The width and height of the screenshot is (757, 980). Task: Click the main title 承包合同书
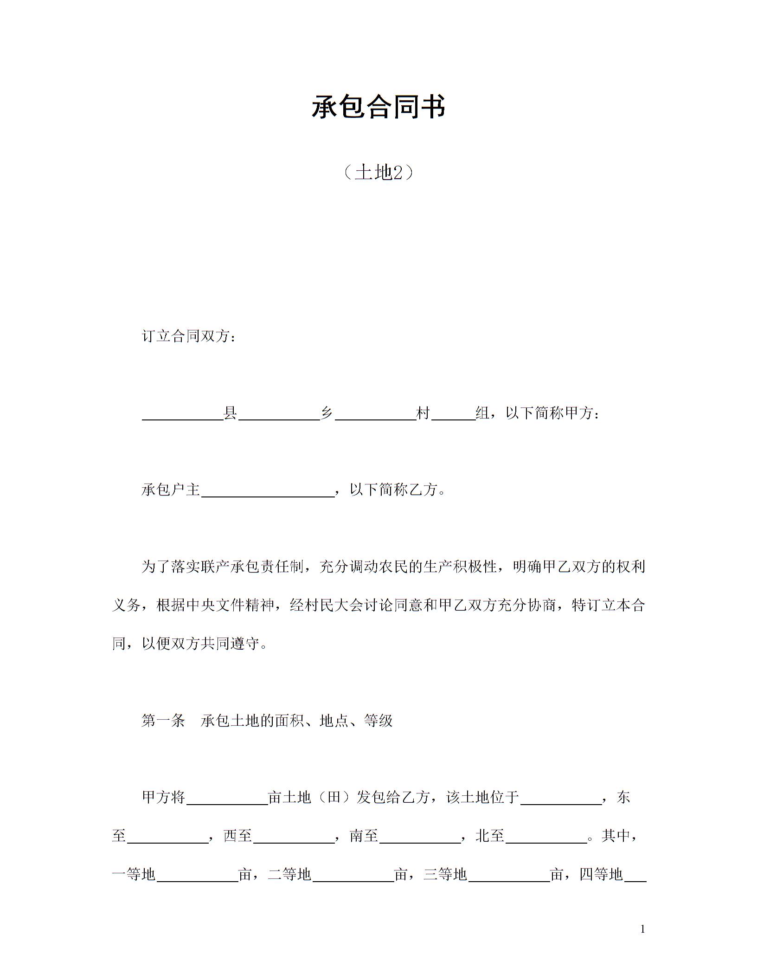tap(378, 107)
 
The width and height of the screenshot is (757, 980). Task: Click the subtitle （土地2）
tap(378, 173)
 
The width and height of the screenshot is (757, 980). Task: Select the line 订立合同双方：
tap(189, 336)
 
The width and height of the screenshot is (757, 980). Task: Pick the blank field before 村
tap(375, 414)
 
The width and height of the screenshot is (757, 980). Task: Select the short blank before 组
tap(453, 414)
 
